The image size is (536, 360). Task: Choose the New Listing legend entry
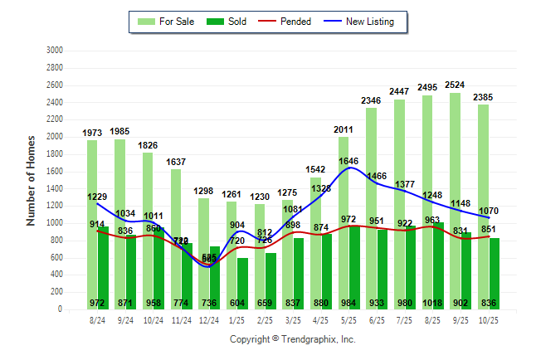[359, 22]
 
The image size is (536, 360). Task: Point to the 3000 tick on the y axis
[55, 50]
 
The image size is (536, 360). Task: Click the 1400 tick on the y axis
[55, 188]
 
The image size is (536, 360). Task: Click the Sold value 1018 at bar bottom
[434, 303]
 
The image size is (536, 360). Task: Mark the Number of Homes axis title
[31, 180]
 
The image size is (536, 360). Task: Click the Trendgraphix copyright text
[292, 339]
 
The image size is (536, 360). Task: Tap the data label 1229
[97, 197]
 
